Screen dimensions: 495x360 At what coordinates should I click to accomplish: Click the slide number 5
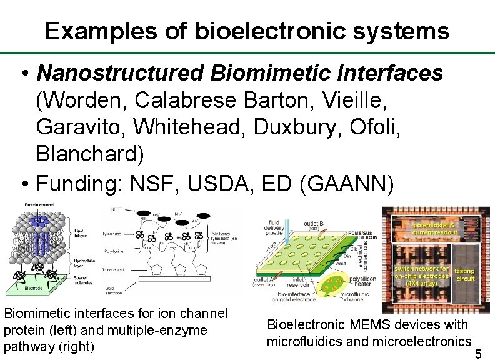478,354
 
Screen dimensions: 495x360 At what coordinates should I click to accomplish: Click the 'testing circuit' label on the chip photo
464,274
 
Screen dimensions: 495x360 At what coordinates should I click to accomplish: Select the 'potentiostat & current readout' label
435,228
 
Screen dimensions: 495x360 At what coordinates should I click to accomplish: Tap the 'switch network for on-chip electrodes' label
422,276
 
